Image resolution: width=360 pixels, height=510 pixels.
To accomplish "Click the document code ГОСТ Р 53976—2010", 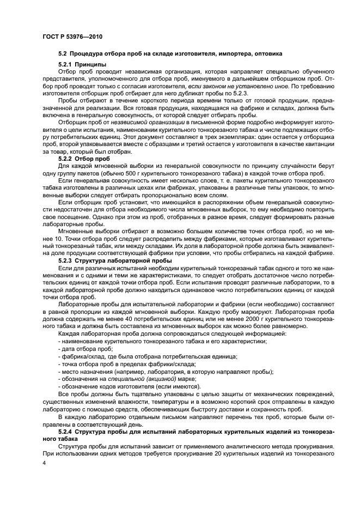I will point(72,37).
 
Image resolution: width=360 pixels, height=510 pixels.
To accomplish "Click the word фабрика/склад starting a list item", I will point(83,356).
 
